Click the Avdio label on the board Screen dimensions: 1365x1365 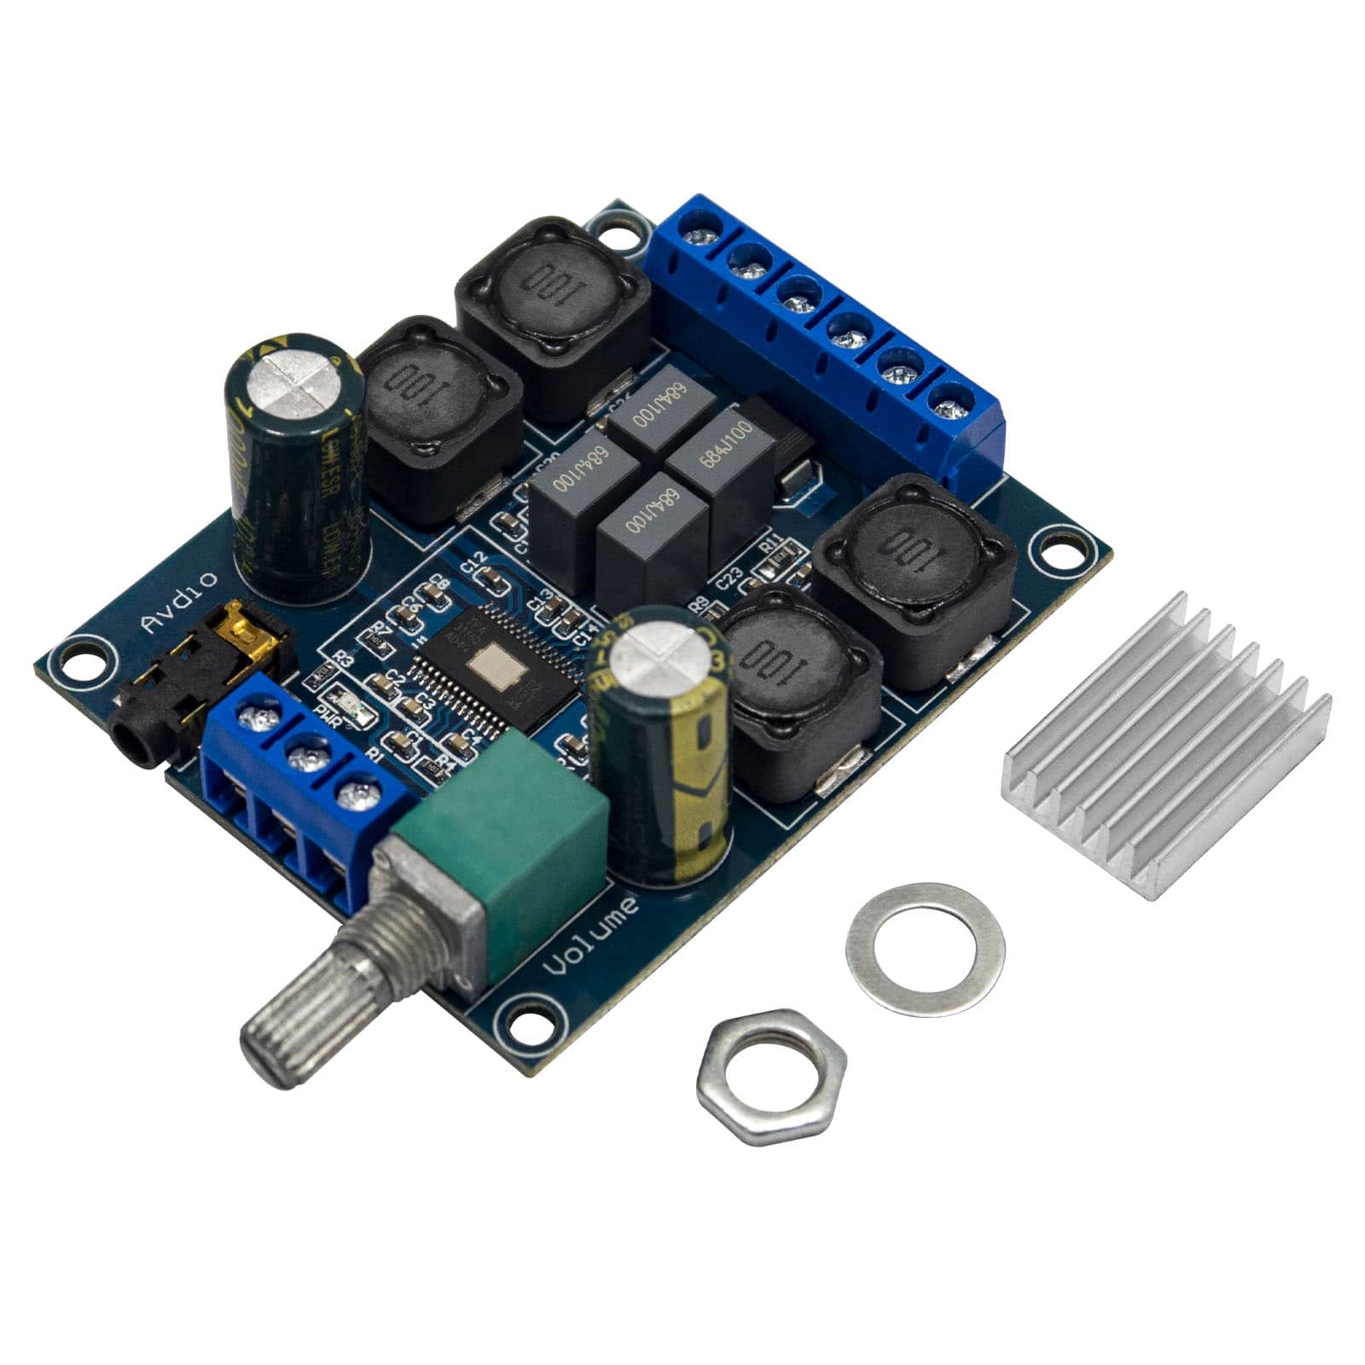pos(179,602)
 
